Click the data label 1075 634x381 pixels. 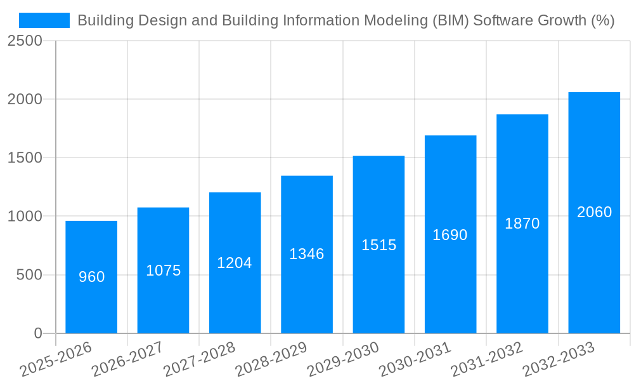point(164,271)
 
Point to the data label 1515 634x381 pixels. point(379,245)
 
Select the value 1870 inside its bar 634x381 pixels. point(522,224)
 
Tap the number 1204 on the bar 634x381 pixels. point(235,263)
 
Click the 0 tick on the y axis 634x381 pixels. point(38,333)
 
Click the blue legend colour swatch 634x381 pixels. point(44,20)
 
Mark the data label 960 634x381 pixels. point(91,277)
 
